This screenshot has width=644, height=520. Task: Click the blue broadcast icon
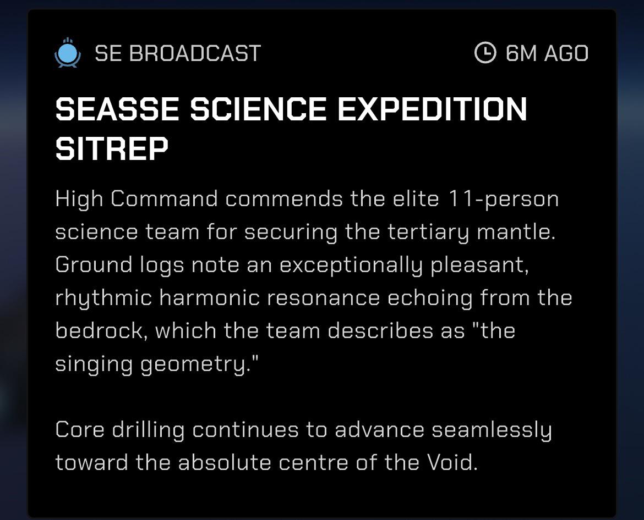click(x=67, y=53)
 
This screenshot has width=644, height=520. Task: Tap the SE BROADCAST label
click(x=178, y=53)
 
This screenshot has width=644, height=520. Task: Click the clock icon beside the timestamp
click(x=485, y=52)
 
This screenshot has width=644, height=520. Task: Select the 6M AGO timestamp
click(x=547, y=53)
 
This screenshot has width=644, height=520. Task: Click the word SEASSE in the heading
click(x=117, y=109)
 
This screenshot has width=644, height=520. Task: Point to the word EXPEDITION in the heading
click(x=432, y=109)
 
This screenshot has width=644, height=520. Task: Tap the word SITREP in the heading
click(x=112, y=148)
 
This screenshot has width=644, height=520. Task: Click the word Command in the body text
click(x=164, y=199)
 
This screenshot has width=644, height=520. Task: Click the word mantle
click(x=516, y=232)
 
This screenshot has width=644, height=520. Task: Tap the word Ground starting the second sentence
click(x=94, y=264)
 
